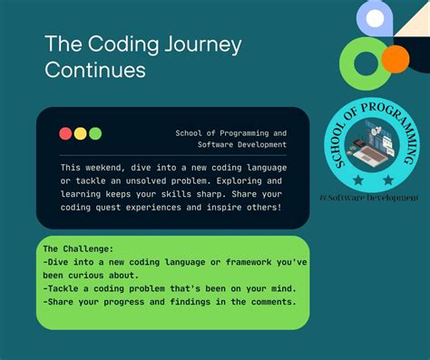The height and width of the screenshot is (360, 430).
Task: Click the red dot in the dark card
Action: [65, 133]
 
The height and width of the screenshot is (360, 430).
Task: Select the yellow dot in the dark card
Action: [80, 133]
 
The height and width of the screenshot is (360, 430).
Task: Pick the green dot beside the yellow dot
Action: [95, 133]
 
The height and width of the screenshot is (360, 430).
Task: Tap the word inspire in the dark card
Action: [228, 208]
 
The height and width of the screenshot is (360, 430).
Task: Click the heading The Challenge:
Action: [79, 248]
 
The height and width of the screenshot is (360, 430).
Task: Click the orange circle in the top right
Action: [395, 60]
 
